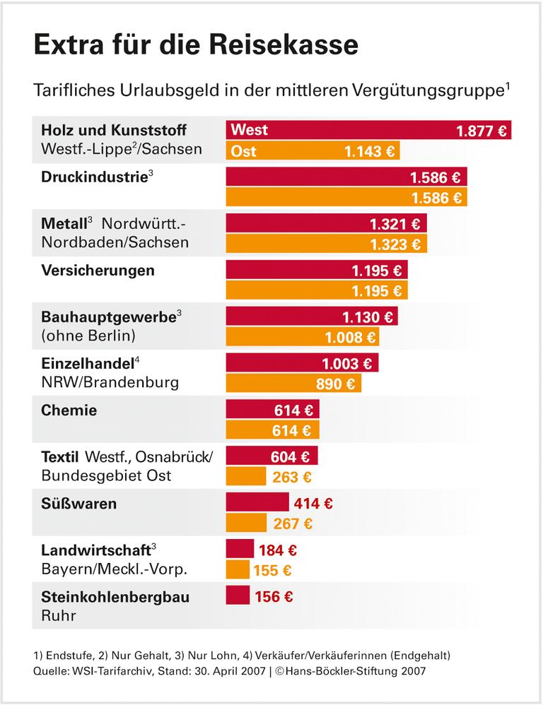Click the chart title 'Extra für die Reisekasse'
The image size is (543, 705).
196,45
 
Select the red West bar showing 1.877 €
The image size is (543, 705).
368,130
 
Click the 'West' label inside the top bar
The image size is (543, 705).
249,130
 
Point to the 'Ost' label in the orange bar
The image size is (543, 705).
243,151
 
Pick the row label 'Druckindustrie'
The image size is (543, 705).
94,176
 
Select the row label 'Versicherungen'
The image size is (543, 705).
98,270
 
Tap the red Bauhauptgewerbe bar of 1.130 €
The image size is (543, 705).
311,316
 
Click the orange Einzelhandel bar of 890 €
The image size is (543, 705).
293,384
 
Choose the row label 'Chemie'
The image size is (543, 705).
69,410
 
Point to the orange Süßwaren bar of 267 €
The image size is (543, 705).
246,523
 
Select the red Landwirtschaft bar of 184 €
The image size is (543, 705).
240,549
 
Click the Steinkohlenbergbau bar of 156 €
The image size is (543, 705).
238,596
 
